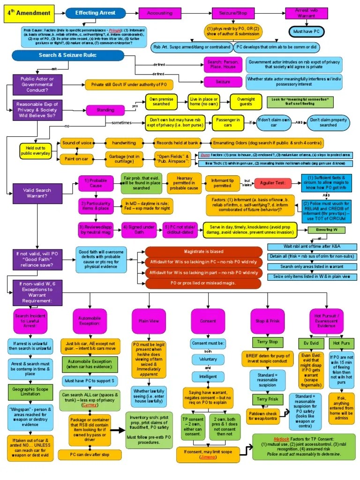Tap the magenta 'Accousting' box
click(x=160, y=13)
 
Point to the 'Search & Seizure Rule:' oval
click(x=67, y=56)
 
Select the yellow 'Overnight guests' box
click(x=246, y=102)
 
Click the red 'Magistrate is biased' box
click(x=203, y=252)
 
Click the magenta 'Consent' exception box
click(x=208, y=322)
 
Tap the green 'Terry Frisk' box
click(x=267, y=399)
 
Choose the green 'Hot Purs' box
click(x=340, y=343)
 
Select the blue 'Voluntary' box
click(x=207, y=360)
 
